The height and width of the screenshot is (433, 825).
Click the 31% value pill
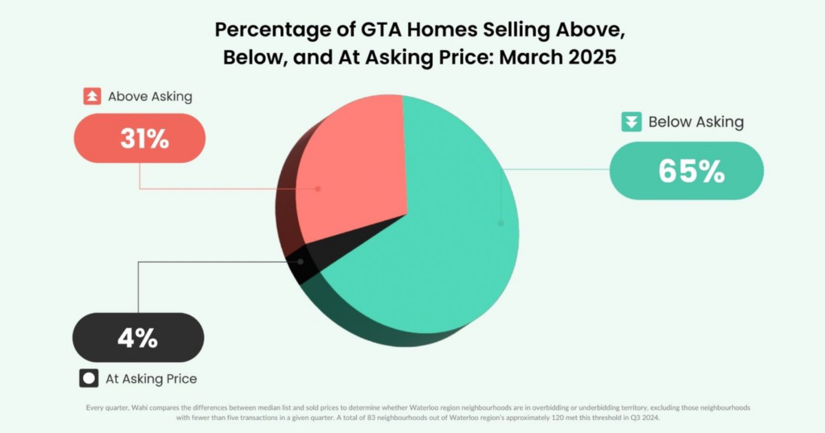(140, 138)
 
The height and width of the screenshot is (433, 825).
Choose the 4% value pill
(138, 337)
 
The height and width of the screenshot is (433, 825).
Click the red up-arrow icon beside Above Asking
(92, 97)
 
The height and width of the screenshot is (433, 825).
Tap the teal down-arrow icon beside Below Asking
(630, 123)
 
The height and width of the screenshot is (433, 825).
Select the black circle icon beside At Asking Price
(89, 377)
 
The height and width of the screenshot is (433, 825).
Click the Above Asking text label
(150, 97)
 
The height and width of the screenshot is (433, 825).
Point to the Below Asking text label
(695, 123)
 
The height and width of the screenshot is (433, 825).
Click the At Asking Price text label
(151, 378)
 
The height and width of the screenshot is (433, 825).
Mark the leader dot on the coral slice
(318, 189)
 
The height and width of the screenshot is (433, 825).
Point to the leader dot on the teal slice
(501, 223)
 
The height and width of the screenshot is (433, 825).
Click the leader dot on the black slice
(301, 261)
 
